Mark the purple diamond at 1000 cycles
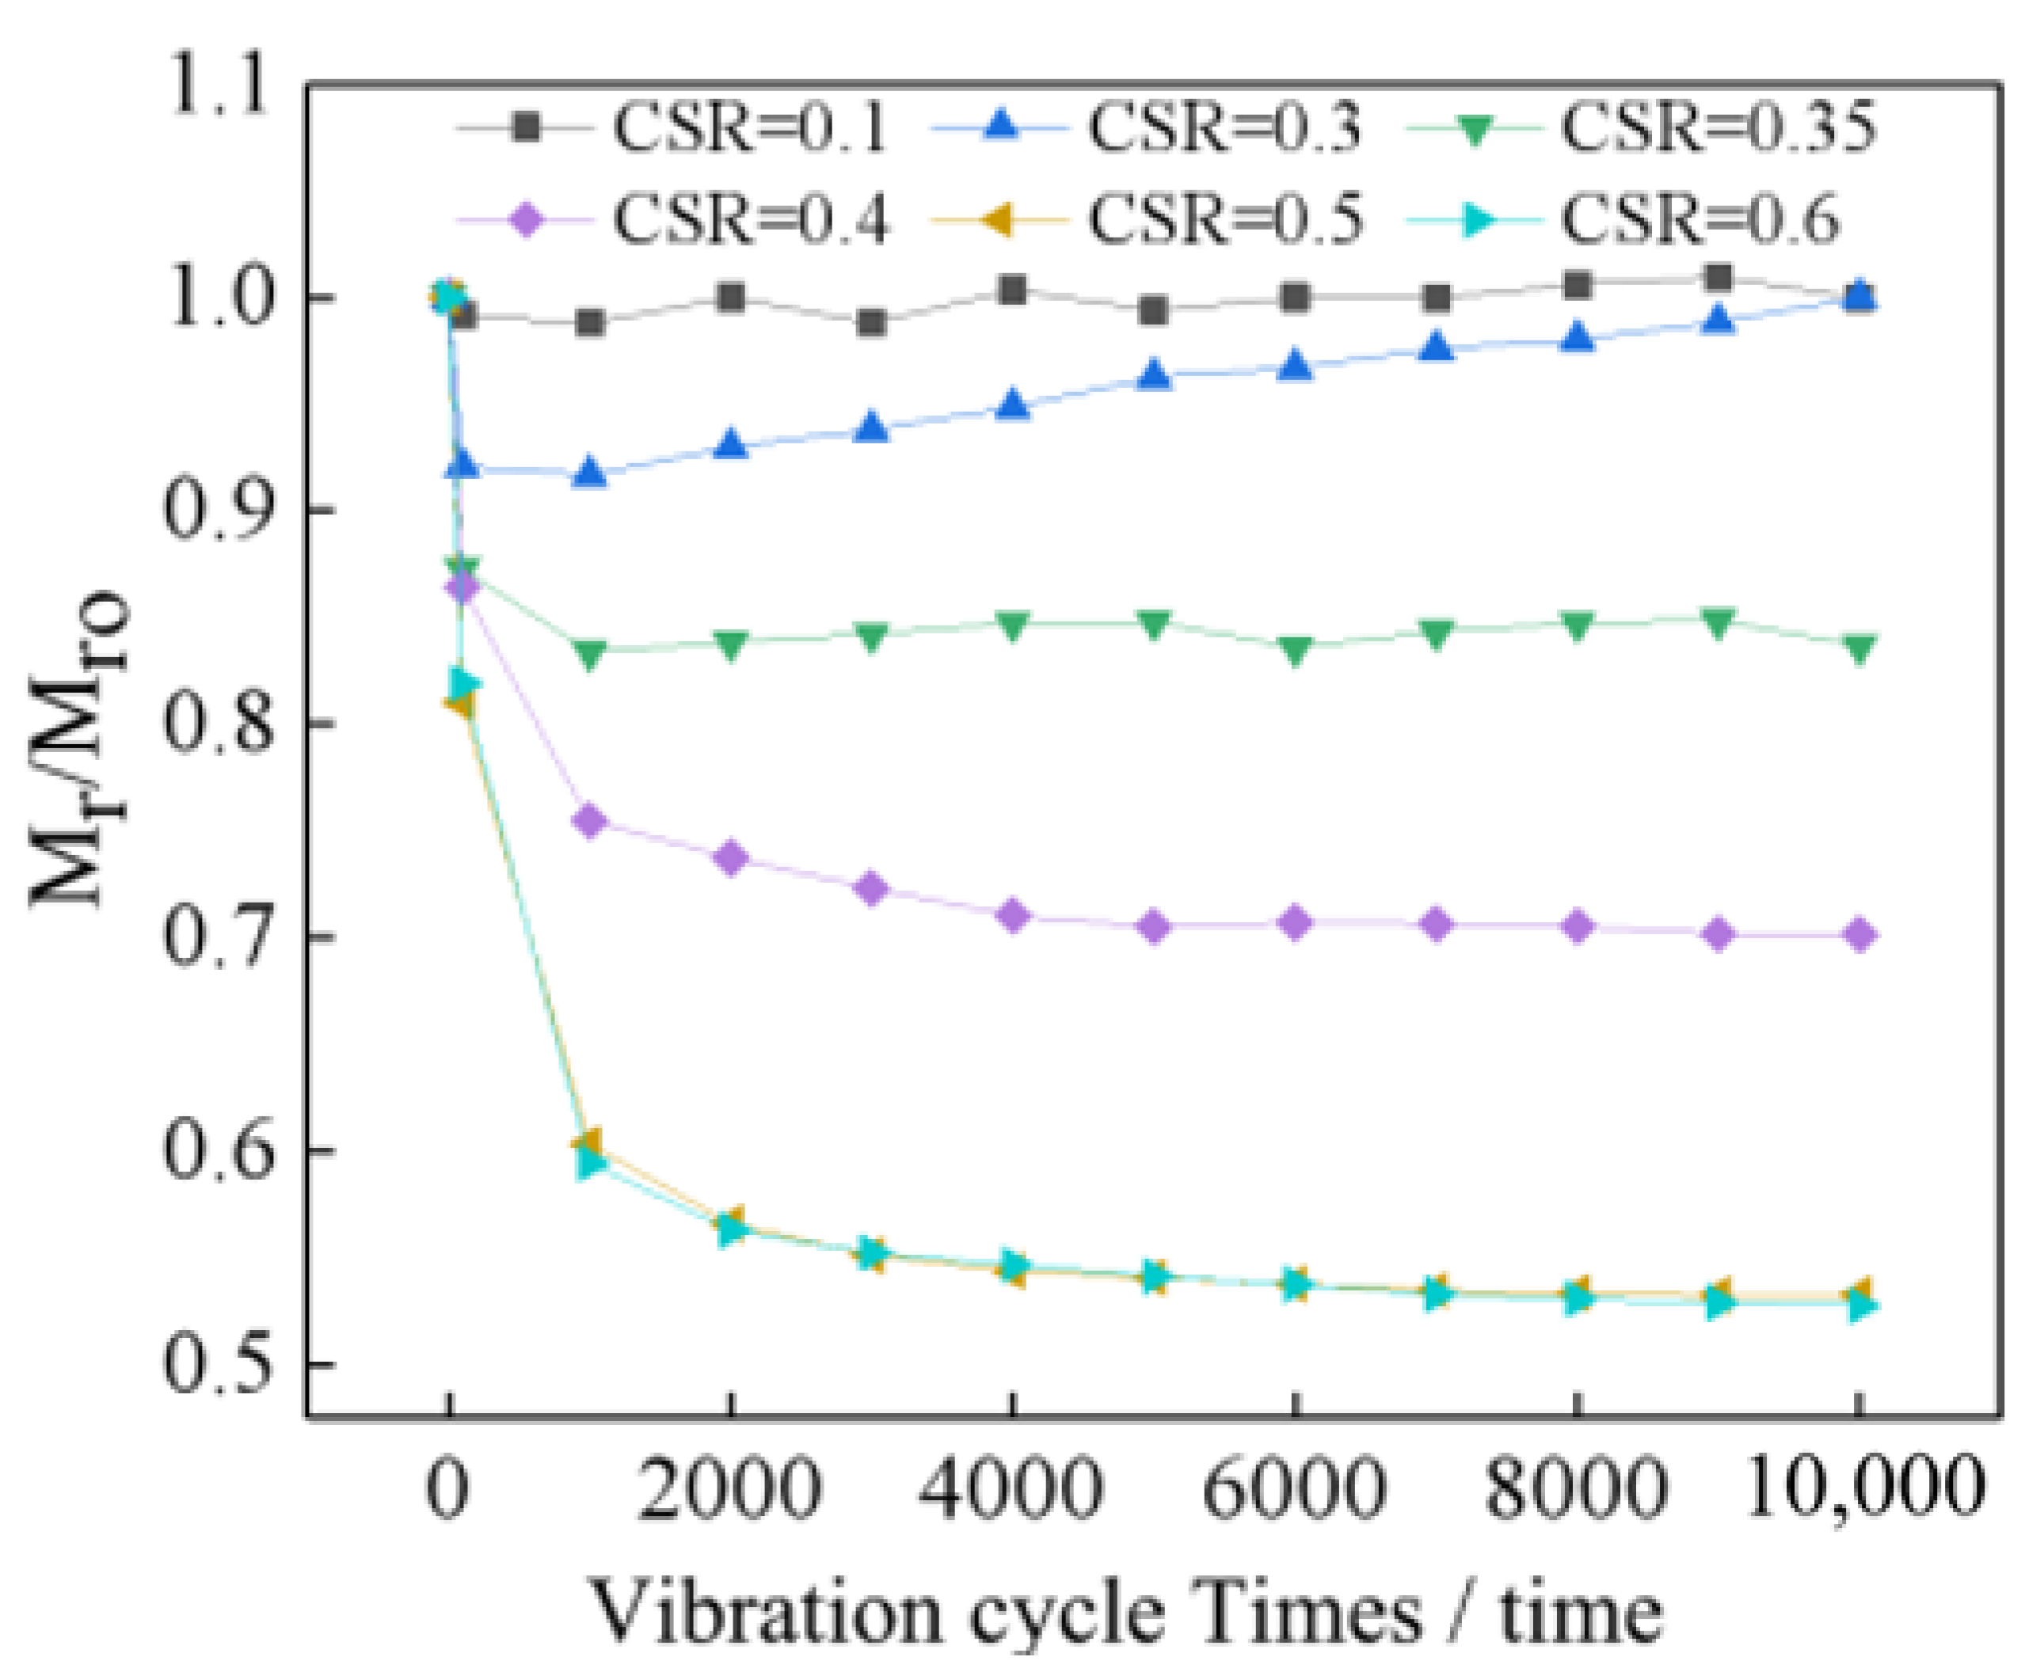[x=591, y=822]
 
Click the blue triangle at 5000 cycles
[x=1154, y=374]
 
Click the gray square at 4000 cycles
[x=1012, y=289]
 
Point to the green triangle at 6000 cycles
[x=1296, y=649]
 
